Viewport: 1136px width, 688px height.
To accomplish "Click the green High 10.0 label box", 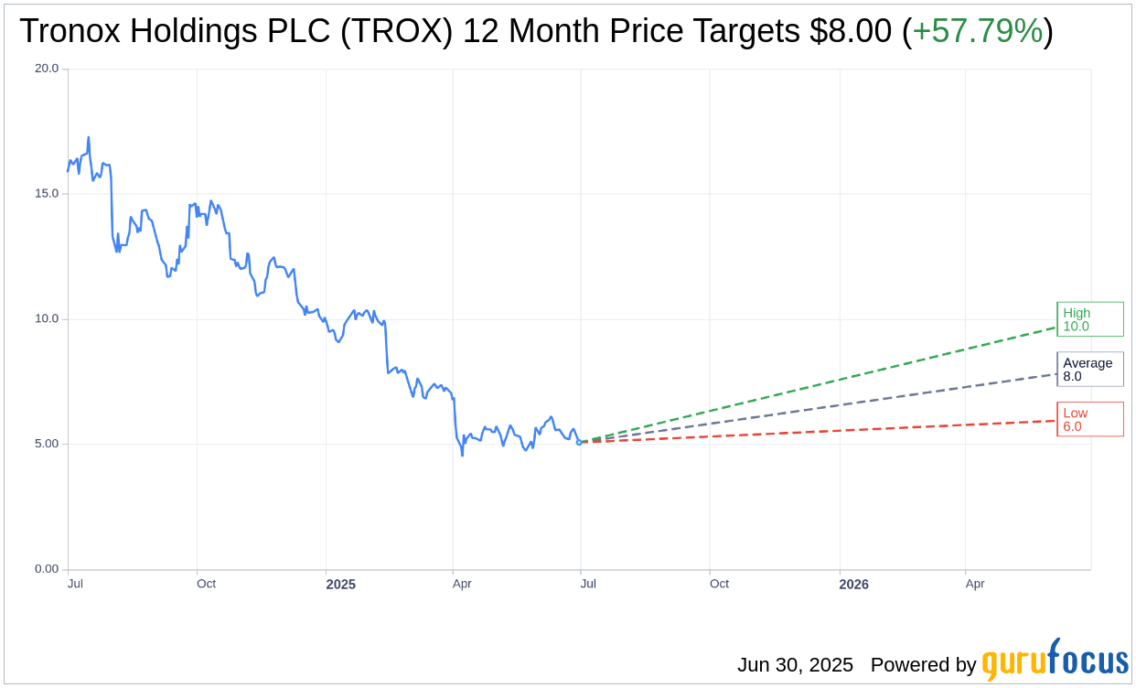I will click(1089, 319).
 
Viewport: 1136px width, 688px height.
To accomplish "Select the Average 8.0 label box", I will click(1089, 370).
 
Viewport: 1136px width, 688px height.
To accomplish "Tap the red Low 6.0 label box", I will click(1089, 420).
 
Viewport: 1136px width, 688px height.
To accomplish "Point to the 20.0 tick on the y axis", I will click(46, 69).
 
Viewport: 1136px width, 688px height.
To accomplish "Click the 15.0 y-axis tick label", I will click(46, 194).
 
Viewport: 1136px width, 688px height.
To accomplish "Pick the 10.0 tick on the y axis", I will click(46, 319).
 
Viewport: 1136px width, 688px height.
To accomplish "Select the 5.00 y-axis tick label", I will click(46, 444).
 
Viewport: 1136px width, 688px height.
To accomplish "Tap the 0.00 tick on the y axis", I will click(46, 569).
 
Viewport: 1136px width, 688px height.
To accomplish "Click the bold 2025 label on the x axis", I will click(340, 584).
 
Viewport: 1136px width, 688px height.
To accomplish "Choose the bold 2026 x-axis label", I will click(853, 584).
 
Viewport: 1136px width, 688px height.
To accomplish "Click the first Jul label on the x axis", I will click(76, 584).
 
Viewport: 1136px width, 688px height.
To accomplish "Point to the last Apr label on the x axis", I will click(975, 584).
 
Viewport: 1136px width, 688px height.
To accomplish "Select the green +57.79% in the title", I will click(977, 31).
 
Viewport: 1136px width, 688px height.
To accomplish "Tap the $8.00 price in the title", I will click(850, 31).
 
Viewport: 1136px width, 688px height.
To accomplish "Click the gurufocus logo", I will click(1055, 661).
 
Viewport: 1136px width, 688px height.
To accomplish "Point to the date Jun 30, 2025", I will click(795, 665).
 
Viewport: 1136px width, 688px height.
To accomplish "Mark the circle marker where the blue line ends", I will click(579, 442).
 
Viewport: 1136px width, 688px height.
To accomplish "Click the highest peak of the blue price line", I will click(89, 138).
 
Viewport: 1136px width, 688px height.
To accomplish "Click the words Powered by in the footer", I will click(923, 665).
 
